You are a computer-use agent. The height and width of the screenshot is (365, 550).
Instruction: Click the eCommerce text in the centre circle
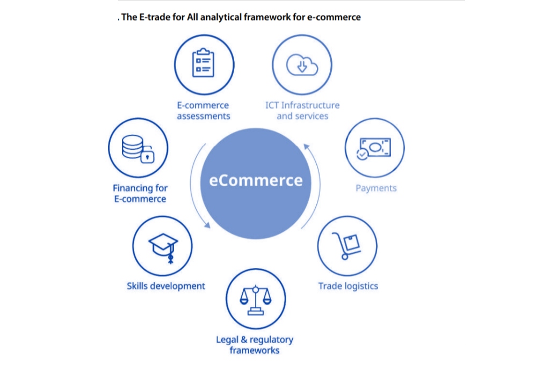[x=256, y=180]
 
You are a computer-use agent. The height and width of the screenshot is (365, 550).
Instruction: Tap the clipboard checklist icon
[x=204, y=63]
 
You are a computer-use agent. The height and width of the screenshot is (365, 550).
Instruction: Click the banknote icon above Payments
[x=374, y=148]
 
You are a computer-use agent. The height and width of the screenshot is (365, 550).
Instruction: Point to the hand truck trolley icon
[x=347, y=246]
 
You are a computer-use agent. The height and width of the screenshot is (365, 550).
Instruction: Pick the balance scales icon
[x=256, y=299]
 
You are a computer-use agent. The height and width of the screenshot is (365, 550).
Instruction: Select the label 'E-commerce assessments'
[x=204, y=111]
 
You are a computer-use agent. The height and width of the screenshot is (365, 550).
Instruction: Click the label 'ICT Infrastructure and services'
[x=302, y=111]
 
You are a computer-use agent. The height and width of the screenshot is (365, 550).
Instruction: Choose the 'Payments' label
[x=376, y=188]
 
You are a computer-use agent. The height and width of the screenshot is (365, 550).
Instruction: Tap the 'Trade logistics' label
[x=348, y=286]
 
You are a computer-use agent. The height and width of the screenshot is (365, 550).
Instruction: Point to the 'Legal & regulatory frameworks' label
[x=255, y=345]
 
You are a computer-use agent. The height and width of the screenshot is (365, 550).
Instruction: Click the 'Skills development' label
[x=166, y=286]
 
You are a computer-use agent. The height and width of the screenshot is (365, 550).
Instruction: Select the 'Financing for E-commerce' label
[x=140, y=193]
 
